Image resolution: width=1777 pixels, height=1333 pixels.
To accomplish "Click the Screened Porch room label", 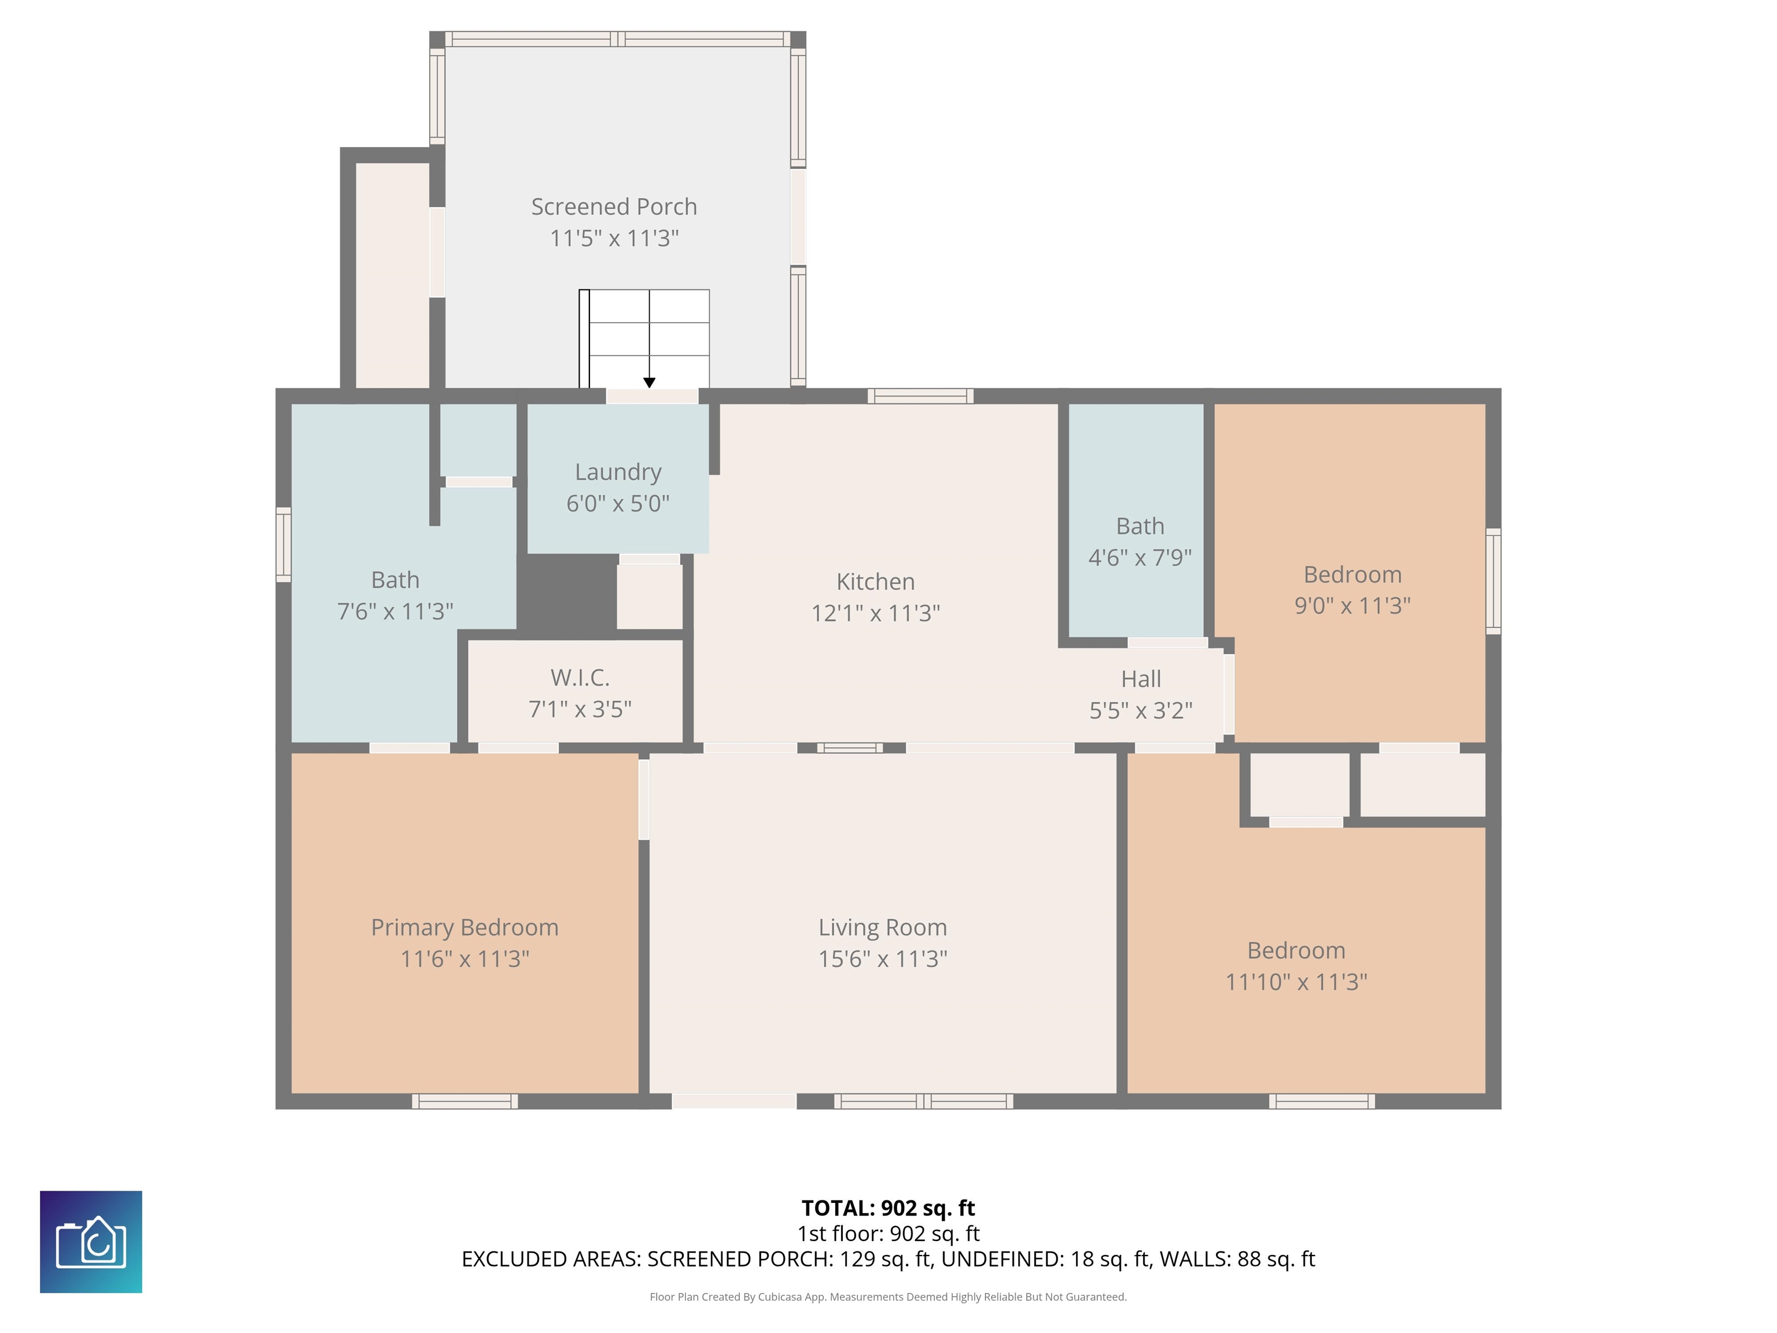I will click(x=614, y=207).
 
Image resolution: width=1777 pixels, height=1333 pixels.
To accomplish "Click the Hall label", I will click(x=1141, y=679).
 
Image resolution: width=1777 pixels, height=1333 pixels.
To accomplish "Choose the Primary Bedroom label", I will click(x=464, y=927).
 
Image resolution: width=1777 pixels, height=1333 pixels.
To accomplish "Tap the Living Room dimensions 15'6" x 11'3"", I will click(x=882, y=959).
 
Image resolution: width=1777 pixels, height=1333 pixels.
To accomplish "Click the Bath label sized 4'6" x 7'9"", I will click(x=1140, y=526).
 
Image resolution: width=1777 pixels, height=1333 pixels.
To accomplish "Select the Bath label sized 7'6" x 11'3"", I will click(x=395, y=579).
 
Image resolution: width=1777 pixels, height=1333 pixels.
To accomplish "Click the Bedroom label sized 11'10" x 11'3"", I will click(x=1296, y=950).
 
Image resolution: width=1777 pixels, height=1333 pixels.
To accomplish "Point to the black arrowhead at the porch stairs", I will click(x=649, y=382).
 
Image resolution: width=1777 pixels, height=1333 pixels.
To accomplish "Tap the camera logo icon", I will click(x=91, y=1242).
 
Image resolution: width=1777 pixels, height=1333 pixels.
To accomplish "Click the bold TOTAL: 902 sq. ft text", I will click(x=888, y=1207).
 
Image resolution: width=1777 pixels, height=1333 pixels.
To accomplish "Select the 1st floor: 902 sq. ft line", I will click(x=888, y=1233).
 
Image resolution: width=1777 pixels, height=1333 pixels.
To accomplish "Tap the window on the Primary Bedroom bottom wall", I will click(x=465, y=1102).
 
